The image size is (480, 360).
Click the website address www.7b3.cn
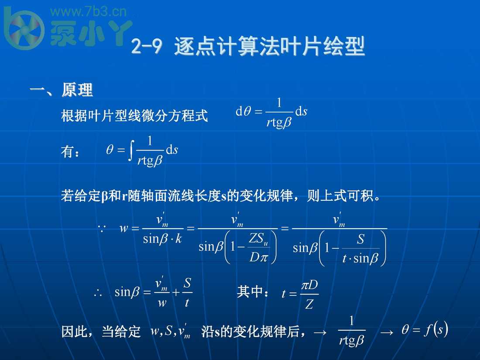point(90,11)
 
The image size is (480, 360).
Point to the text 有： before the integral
point(70,152)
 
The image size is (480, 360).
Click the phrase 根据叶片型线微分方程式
point(134,116)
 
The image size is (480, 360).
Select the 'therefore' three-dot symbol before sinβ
point(98,293)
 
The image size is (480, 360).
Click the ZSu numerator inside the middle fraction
point(258,239)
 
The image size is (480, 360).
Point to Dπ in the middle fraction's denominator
point(258,257)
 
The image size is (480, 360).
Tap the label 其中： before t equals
point(253,292)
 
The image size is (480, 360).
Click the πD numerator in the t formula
point(309,285)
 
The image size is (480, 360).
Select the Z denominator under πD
point(309,304)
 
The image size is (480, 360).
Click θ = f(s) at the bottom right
point(424,330)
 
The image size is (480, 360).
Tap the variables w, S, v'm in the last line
point(171,332)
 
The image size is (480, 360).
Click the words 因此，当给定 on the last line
point(101,332)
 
